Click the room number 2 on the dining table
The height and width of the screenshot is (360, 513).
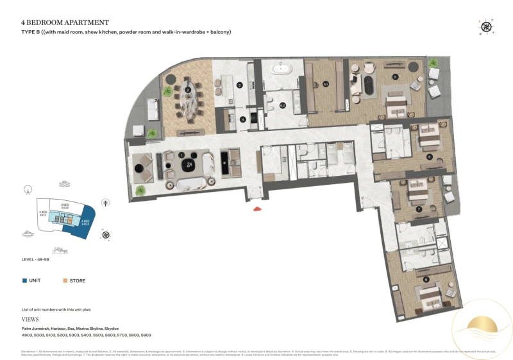(x=187, y=90)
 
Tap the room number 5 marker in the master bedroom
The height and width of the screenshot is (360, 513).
(x=396, y=77)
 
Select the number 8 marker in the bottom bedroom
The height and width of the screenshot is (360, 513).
(x=426, y=279)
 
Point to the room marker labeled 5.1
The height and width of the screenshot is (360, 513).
(x=326, y=84)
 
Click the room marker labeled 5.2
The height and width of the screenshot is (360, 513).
(x=282, y=105)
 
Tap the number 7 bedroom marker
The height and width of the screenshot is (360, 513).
(x=419, y=209)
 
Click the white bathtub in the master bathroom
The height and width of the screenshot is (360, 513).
(x=280, y=67)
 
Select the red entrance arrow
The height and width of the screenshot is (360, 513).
(x=256, y=209)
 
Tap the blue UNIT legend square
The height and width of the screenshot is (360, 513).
(x=24, y=280)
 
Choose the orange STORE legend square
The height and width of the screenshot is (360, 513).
(x=64, y=280)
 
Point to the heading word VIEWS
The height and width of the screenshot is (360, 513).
(x=31, y=318)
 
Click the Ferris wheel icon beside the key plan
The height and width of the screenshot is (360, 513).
(x=27, y=189)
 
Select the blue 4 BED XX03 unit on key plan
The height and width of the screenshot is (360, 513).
(x=86, y=225)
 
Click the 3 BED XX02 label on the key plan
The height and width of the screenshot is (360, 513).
(x=65, y=206)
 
